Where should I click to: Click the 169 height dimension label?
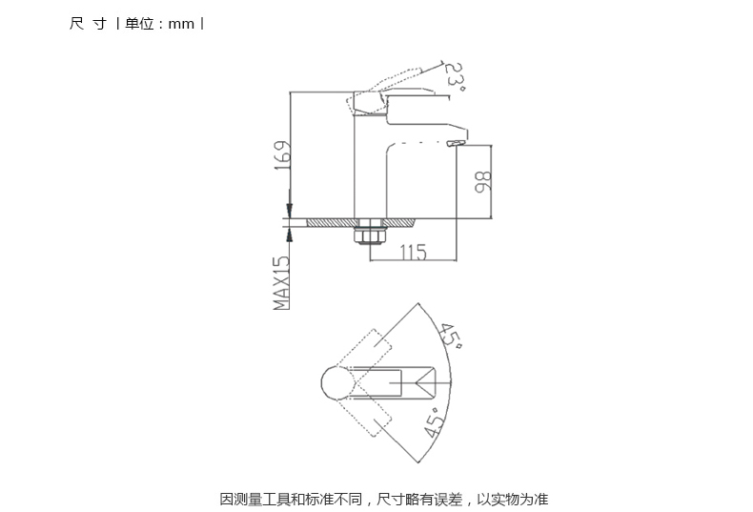(x=283, y=155)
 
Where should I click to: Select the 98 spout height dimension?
(x=483, y=181)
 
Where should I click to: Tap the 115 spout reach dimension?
(x=413, y=252)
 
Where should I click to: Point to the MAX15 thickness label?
(x=282, y=282)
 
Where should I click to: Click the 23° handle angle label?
(x=454, y=77)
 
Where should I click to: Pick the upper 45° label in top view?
(x=451, y=336)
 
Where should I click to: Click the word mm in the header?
(x=181, y=24)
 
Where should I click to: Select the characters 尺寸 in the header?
(x=88, y=24)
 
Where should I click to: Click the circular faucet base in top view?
(x=338, y=382)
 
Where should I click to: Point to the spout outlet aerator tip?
(x=457, y=143)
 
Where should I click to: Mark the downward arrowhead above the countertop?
(x=290, y=210)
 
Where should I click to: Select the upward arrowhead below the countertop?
(x=290, y=235)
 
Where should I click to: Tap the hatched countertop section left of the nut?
(x=333, y=222)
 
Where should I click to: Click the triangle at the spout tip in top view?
(x=425, y=382)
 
